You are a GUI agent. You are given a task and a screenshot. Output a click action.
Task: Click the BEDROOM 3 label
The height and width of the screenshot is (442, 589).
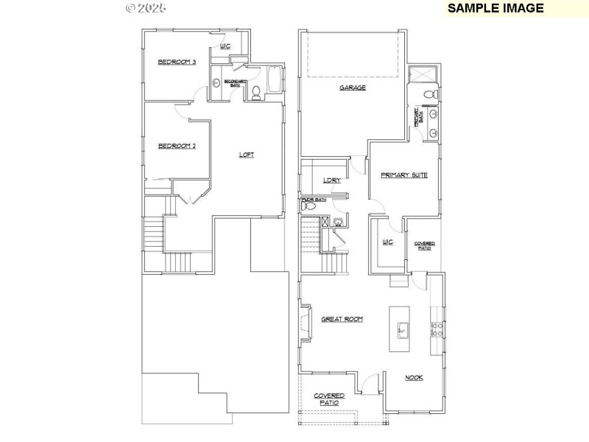[x=177, y=62]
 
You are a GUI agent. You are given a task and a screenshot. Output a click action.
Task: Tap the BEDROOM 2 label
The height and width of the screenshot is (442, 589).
[x=177, y=146]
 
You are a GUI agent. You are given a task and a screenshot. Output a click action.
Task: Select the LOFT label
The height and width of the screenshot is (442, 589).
[x=247, y=155]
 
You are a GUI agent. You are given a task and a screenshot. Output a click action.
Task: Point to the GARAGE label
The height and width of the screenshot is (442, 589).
[x=353, y=88]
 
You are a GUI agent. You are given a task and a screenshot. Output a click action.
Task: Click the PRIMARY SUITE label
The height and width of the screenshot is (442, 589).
[x=404, y=175]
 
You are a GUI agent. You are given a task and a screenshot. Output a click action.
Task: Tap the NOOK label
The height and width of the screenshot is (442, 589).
[x=414, y=378]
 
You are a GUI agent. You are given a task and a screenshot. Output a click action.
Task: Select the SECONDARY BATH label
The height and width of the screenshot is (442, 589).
[x=235, y=83]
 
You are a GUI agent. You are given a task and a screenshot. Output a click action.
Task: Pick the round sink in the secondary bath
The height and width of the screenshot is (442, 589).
[x=216, y=83]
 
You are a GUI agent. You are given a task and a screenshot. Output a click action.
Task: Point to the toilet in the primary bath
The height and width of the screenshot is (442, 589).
[x=434, y=95]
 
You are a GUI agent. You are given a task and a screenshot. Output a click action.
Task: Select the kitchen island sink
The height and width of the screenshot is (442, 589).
[x=403, y=330]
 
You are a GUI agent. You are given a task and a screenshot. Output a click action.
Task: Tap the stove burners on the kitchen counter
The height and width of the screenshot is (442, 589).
[x=435, y=329]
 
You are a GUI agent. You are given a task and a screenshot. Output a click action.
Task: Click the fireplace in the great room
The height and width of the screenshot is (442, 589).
[x=303, y=323]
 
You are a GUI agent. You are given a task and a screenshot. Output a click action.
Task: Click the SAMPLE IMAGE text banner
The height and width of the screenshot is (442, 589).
[x=495, y=8]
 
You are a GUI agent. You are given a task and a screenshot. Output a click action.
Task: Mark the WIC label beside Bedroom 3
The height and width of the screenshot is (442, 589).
[x=225, y=46]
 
